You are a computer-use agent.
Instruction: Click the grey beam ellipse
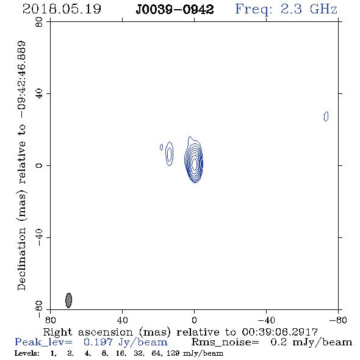[69, 300]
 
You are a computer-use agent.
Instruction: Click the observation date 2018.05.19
[62, 9]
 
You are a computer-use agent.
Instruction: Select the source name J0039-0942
[175, 10]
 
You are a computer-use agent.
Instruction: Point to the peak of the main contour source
[195, 164]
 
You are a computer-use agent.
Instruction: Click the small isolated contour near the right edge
[326, 117]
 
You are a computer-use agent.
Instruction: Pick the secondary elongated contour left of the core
[169, 154]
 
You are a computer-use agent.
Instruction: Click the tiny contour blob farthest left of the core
[162, 147]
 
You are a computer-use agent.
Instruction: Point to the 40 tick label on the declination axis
[39, 94]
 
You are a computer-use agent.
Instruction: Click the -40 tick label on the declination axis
[39, 237]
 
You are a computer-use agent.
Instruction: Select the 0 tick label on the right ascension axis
[194, 320]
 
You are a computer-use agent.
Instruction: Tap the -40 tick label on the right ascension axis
[266, 320]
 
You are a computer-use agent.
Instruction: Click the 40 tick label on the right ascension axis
[122, 320]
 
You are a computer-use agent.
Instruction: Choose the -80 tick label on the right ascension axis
[338, 320]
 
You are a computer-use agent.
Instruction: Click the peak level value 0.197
[98, 342]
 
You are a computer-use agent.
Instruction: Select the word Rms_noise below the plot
[225, 342]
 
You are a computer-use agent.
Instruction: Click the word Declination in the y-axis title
[21, 259]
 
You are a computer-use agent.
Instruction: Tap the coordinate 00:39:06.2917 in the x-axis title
[279, 332]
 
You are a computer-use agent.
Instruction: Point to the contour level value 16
[121, 353]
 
